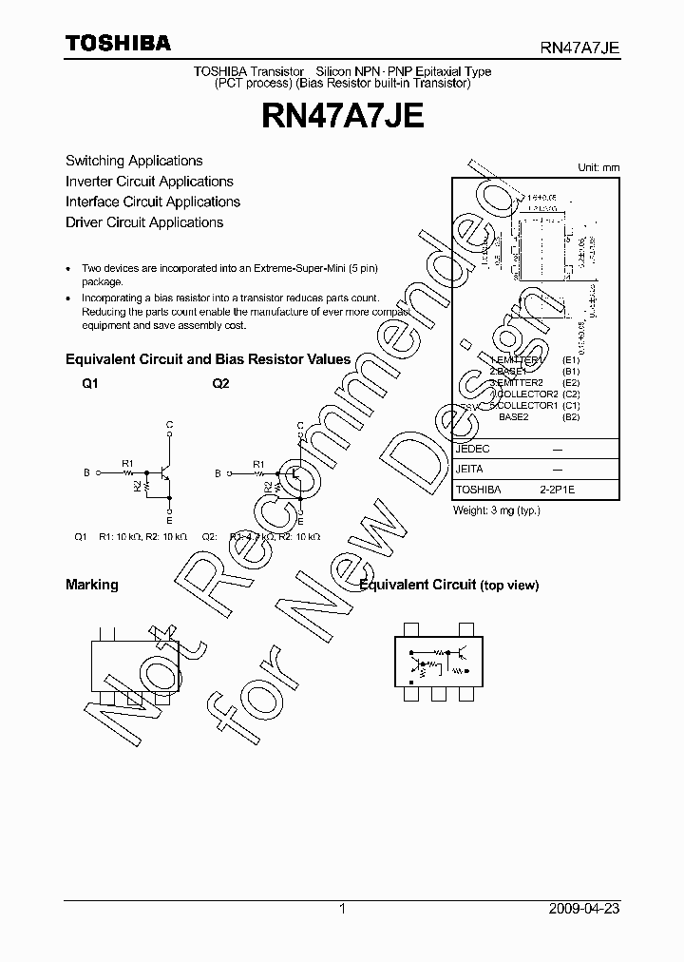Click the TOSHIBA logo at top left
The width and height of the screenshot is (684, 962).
click(x=118, y=43)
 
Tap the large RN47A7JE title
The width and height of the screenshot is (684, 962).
click(x=342, y=118)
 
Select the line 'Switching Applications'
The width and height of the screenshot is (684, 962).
click(x=134, y=161)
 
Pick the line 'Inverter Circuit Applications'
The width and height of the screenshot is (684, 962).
click(x=149, y=182)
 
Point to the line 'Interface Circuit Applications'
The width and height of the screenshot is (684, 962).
click(x=153, y=202)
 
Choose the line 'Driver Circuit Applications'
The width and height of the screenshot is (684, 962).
click(x=144, y=222)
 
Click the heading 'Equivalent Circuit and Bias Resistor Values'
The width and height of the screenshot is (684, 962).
click(x=208, y=359)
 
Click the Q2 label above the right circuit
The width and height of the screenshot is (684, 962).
click(x=220, y=383)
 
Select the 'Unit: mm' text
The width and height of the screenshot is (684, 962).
click(x=598, y=167)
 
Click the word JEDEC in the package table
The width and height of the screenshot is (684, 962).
click(x=473, y=448)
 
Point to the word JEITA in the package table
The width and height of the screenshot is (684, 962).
click(x=470, y=469)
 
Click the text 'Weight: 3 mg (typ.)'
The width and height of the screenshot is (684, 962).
click(x=498, y=510)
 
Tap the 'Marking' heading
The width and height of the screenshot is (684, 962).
click(x=92, y=585)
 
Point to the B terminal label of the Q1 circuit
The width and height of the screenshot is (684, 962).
click(x=86, y=472)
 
